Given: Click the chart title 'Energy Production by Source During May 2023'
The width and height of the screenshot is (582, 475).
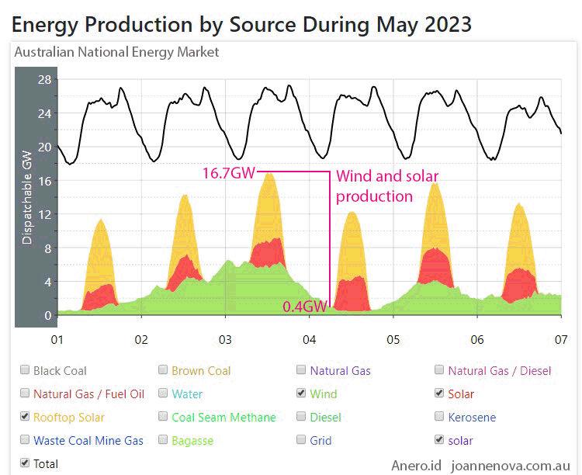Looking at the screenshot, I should click(x=241, y=24).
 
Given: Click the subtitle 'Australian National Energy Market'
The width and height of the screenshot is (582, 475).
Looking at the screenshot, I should click(x=116, y=53).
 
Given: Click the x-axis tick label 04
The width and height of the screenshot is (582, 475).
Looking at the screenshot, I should click(x=309, y=340).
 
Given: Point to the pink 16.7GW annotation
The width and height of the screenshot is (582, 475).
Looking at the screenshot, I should click(x=228, y=172).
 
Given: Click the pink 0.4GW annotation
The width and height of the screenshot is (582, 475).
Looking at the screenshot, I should click(x=304, y=307).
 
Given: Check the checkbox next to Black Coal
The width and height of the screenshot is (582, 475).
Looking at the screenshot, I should click(x=26, y=371).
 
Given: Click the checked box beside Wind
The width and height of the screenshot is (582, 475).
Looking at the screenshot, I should click(x=302, y=394).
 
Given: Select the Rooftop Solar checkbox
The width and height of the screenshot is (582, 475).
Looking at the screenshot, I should click(x=26, y=418).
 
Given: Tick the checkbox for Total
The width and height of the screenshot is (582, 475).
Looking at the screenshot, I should click(x=26, y=464).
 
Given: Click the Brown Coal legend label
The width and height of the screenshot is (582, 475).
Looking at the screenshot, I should click(x=201, y=371).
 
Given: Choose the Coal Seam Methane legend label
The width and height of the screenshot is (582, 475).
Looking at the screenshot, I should click(x=223, y=418).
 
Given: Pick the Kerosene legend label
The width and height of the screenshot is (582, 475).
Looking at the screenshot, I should click(x=472, y=418).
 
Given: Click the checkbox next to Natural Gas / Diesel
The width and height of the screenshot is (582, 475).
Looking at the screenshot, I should click(x=440, y=371).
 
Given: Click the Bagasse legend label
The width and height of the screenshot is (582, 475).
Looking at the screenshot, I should click(x=193, y=441).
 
